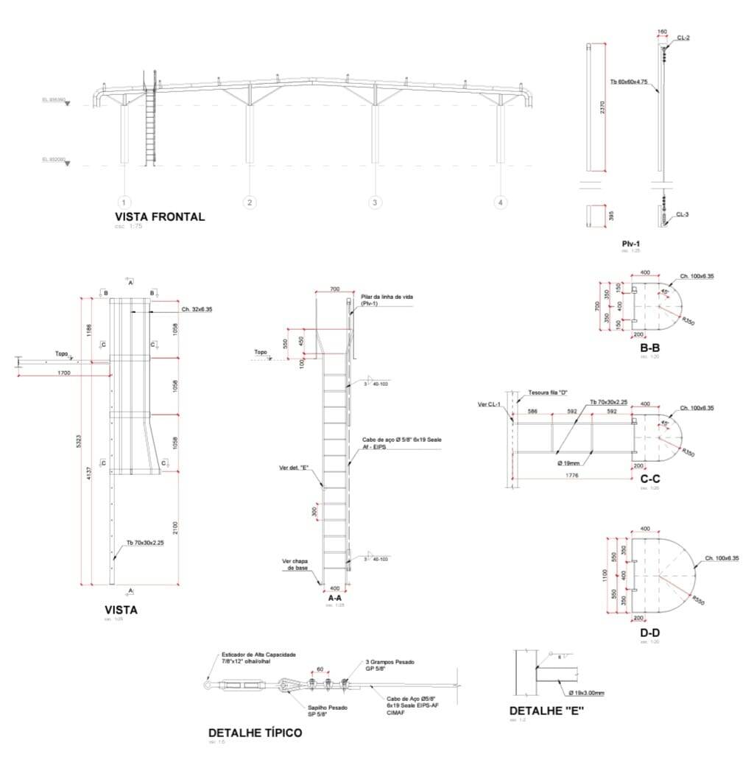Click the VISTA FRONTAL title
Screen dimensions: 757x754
click(x=160, y=216)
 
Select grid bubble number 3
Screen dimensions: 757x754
click(x=375, y=202)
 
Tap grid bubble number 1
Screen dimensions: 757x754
click(x=124, y=202)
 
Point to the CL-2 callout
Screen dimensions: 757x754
click(x=683, y=38)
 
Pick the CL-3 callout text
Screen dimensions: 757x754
click(x=683, y=214)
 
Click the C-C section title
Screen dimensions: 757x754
click(x=649, y=478)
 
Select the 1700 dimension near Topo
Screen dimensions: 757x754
click(x=64, y=374)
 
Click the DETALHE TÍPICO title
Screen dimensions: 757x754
click(x=255, y=733)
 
